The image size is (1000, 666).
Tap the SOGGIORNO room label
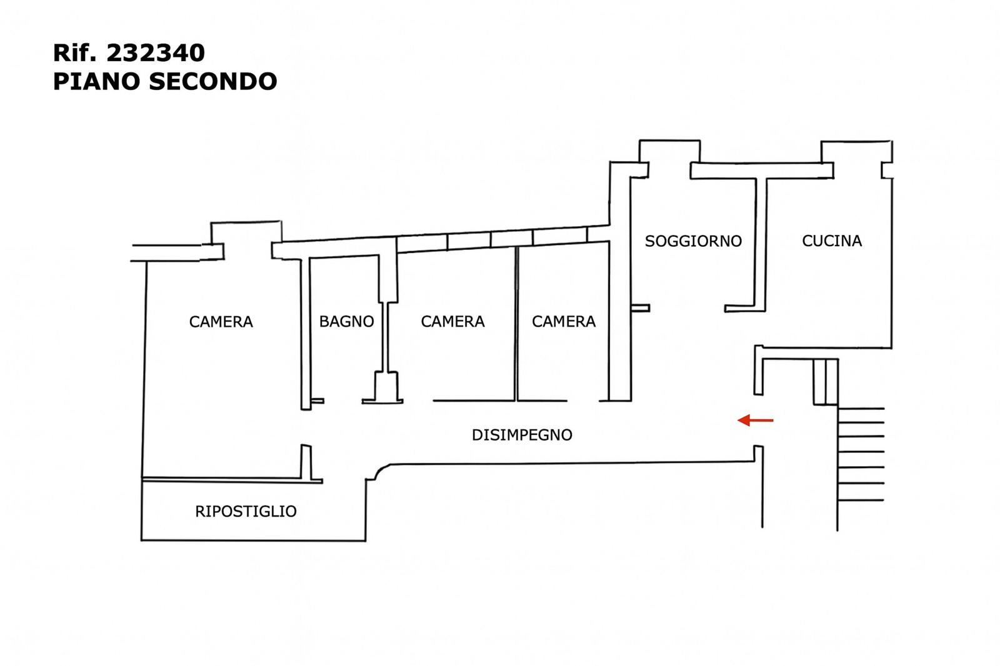pos(693,241)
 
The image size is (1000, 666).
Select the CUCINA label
pos(831,241)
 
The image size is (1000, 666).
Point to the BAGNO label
pos(346,321)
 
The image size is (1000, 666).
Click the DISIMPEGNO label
pos(522,435)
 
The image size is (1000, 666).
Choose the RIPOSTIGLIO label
pos(246,511)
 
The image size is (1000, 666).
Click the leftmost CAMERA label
pos(221,322)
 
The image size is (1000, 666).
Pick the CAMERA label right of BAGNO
pos(452,321)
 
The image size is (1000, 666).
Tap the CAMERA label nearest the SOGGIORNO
pos(563,321)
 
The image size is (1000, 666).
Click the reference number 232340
pos(156,53)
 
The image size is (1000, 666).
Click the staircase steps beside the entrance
pos(861,454)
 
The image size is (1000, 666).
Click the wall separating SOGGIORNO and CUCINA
pos(761,244)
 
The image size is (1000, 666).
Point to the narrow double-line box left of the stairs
pos(825,382)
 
